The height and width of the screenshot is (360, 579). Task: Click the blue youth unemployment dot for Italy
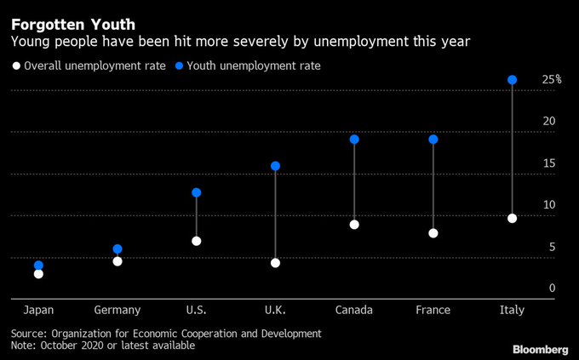pos(512,80)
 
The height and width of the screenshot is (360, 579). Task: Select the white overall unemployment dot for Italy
pos(512,219)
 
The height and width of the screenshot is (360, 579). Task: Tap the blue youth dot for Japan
pos(38,266)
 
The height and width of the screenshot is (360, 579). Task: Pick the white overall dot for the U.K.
pos(275,263)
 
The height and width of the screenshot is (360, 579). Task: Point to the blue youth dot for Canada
pos(354,140)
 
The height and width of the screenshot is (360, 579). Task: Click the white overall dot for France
pos(433,233)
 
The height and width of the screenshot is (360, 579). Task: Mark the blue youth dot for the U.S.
pos(196,192)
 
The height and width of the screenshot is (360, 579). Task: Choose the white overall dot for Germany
pos(118,261)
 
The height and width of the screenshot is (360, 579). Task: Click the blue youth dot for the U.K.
pos(275,166)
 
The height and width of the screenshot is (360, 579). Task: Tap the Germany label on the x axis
pos(118,310)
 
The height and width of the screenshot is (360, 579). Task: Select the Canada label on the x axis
pos(354,310)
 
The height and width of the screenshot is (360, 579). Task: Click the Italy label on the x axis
pos(512,310)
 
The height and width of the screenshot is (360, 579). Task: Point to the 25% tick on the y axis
pos(551,80)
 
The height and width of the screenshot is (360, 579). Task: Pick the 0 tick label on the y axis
pos(552,289)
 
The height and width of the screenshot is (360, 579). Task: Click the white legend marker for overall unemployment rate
pos(15,66)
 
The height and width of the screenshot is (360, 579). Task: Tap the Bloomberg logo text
pos(540,349)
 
